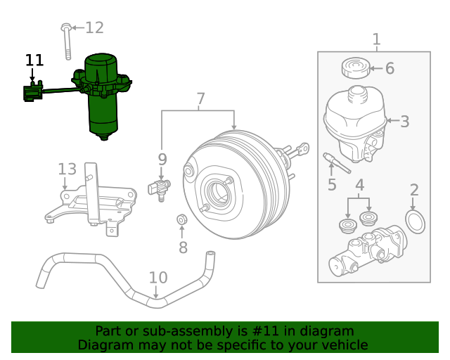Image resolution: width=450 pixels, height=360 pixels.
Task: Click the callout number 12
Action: [x=94, y=27]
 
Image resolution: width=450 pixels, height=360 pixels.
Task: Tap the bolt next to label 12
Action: [x=66, y=42]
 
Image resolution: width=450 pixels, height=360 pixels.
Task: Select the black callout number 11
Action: [x=34, y=60]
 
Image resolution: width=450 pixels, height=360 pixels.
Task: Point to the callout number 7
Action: [x=200, y=99]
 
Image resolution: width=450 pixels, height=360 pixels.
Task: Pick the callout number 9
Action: [x=162, y=160]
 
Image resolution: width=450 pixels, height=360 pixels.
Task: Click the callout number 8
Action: [x=183, y=247]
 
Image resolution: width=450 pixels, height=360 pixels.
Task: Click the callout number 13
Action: [x=67, y=169]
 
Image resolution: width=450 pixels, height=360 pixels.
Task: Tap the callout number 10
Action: [x=158, y=278]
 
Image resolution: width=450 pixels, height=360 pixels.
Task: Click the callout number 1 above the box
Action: [x=376, y=39]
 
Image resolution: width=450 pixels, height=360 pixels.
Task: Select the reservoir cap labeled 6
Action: [x=355, y=69]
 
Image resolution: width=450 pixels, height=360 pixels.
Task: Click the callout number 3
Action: [x=404, y=122]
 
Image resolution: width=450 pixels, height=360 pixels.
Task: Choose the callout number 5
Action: [x=332, y=185]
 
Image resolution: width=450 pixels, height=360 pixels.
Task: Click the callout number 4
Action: [x=359, y=186]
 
